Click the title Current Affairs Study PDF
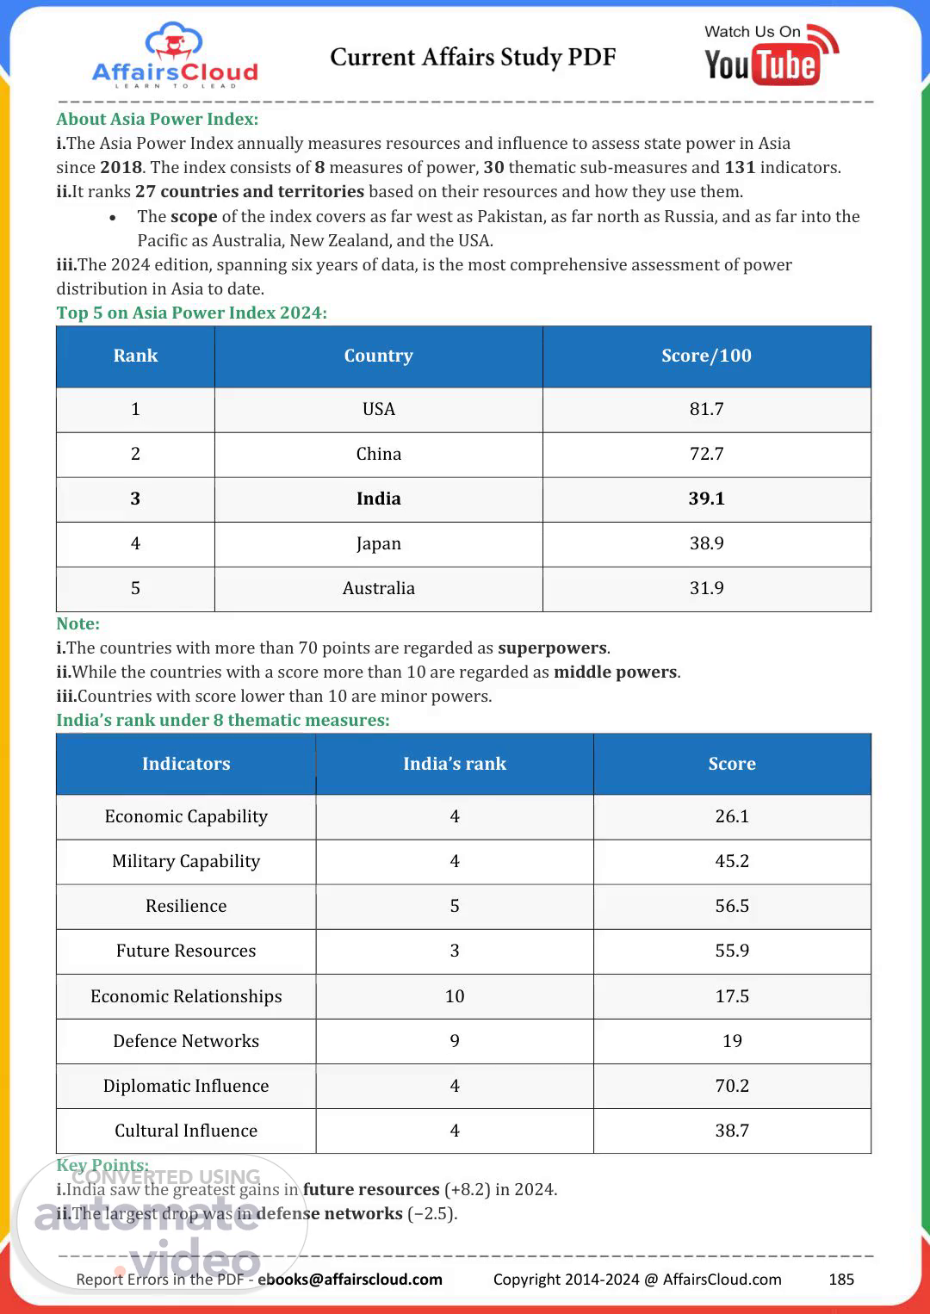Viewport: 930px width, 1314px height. pos(473,58)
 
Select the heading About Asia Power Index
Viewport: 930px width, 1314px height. pos(157,119)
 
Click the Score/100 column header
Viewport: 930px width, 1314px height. pos(706,356)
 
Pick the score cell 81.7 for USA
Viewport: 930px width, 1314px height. pos(706,409)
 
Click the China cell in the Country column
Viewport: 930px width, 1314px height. pos(378,454)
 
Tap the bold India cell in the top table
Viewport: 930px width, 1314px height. pos(378,499)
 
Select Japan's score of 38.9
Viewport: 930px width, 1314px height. pos(706,543)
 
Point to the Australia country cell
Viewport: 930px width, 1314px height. pos(378,588)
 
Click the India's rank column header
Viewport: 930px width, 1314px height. pos(454,764)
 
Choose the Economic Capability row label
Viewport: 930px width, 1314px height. pos(186,816)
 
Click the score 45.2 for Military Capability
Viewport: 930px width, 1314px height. pos(732,861)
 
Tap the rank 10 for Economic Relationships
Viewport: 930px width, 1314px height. pos(454,996)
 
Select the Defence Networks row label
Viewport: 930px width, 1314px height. pos(186,1041)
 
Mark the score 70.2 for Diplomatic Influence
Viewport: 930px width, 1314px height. pos(732,1086)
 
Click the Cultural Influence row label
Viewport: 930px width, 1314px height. pos(186,1131)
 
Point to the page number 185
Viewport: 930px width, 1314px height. pos(840,1280)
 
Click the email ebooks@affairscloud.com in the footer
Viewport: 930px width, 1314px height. pos(350,1280)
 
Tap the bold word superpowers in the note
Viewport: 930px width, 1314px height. pos(552,648)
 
